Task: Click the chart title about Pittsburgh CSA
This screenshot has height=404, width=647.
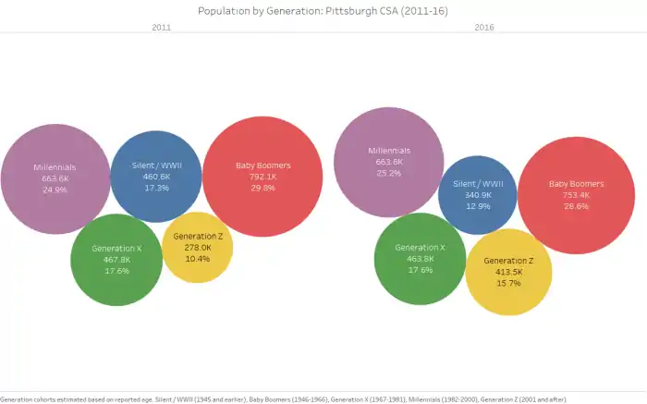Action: (x=323, y=10)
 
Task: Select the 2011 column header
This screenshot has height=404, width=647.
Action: (x=161, y=28)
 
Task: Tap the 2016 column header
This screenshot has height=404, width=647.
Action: (x=483, y=28)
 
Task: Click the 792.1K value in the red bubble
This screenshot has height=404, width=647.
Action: (x=262, y=177)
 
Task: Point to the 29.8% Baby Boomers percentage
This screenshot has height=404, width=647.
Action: (x=262, y=188)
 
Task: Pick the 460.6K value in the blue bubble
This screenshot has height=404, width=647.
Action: (x=156, y=177)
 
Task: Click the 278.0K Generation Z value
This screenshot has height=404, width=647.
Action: (x=198, y=248)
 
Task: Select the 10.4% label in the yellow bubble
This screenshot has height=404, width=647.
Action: (x=198, y=259)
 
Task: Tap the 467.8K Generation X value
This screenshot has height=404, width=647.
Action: (x=116, y=260)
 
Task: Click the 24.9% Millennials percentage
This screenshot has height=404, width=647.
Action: (x=55, y=190)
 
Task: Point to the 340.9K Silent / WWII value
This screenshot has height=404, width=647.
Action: (x=478, y=195)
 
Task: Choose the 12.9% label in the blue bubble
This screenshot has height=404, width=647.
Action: (x=478, y=206)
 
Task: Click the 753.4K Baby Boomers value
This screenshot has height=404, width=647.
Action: (x=576, y=195)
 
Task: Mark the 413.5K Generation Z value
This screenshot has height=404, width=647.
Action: (x=508, y=272)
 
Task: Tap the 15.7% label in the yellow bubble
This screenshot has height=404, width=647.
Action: (x=508, y=283)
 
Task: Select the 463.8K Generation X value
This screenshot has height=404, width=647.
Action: (x=420, y=259)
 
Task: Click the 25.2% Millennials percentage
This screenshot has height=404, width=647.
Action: (x=388, y=173)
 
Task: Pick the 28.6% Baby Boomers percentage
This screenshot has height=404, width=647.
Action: (x=576, y=206)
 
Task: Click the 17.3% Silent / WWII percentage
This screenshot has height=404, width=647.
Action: (x=156, y=188)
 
